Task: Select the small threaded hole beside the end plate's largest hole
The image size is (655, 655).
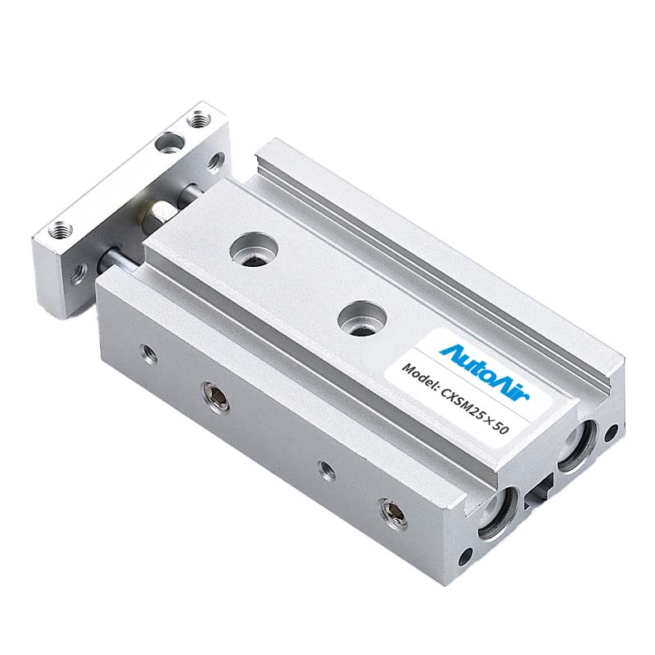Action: coord(196,120)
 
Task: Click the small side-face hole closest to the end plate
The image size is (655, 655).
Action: coord(148,353)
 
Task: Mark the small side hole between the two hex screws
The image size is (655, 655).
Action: coord(327,471)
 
